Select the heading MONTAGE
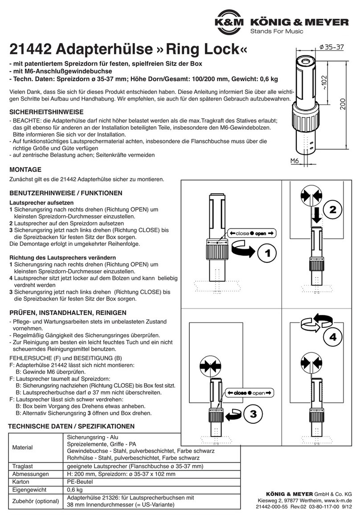pyautogui.click(x=25, y=169)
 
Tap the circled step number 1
pyautogui.click(x=266, y=254)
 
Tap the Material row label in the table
pyautogui.click(x=22, y=447)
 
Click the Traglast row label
pyautogui.click(x=23, y=466)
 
